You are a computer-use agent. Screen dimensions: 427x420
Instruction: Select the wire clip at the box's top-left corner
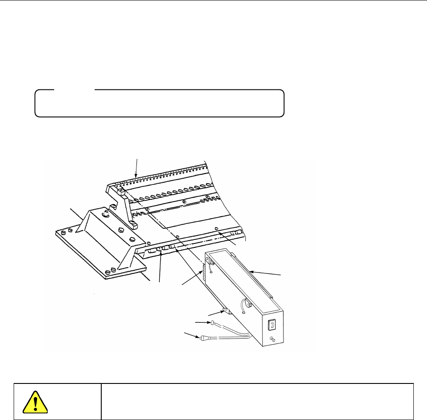tap(212, 262)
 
